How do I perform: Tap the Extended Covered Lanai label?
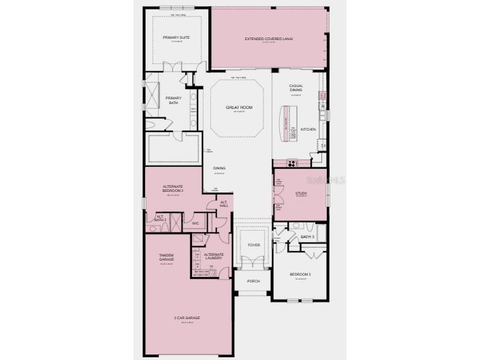(269, 39)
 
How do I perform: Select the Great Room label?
(239, 108)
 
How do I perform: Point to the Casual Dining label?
(296, 88)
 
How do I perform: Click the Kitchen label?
(308, 129)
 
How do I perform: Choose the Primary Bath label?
(174, 101)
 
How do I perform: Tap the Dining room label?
(219, 168)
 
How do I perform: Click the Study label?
(301, 193)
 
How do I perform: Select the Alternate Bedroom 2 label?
(173, 189)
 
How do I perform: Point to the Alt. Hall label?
(224, 204)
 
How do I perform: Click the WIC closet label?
(195, 223)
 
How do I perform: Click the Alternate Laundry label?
(214, 257)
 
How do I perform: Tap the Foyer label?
(254, 244)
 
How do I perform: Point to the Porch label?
(253, 280)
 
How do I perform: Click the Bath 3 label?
(307, 237)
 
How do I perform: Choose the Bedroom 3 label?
(300, 274)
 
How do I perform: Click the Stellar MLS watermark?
(326, 180)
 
